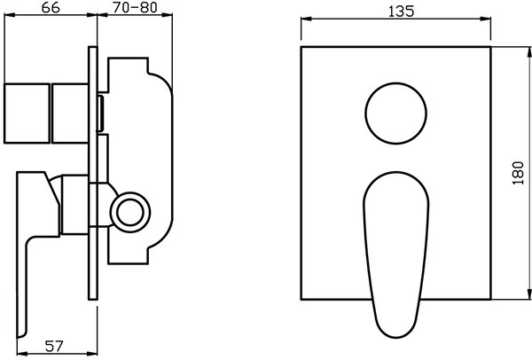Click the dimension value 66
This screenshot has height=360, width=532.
(x=51, y=7)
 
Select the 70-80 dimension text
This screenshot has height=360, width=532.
(x=135, y=7)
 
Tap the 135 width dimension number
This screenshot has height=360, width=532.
(x=401, y=12)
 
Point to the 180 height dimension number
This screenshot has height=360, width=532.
(x=518, y=173)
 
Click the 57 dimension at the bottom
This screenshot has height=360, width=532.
(x=54, y=346)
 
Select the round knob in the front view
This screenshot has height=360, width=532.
(x=396, y=113)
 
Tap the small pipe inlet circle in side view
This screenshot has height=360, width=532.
(x=130, y=213)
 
